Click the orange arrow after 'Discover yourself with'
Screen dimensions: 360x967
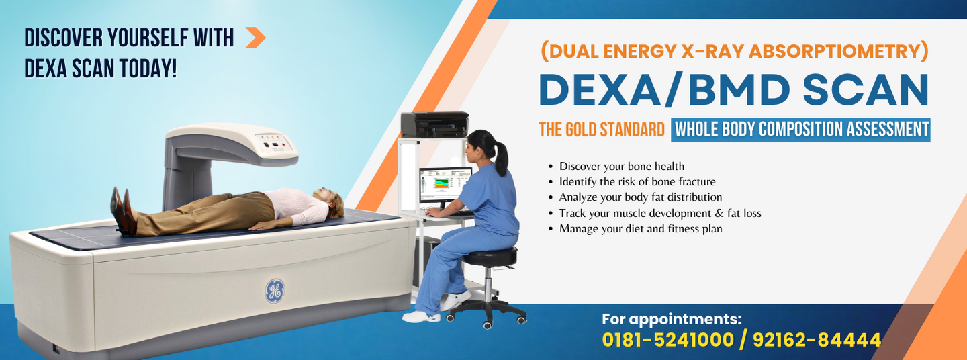click(x=255, y=38)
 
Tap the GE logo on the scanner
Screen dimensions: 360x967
click(x=274, y=291)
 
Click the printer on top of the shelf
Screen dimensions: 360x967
click(x=434, y=125)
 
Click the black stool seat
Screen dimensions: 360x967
click(x=491, y=255)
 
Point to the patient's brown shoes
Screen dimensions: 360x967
click(x=122, y=211)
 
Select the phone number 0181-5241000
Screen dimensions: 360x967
click(x=667, y=340)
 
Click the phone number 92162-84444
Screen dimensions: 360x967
click(x=817, y=340)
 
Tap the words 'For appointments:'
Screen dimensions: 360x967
click(x=672, y=319)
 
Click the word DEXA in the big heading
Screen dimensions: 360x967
click(x=602, y=89)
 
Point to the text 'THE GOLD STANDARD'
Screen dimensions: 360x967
click(x=602, y=130)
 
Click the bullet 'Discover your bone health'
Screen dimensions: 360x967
click(x=621, y=166)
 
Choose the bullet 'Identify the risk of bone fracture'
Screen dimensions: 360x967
click(x=637, y=181)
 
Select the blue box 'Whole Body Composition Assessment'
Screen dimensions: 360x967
click(x=800, y=129)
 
